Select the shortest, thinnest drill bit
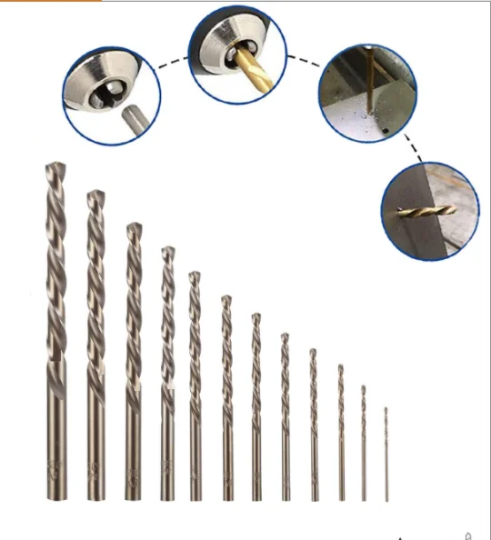(x=386, y=455)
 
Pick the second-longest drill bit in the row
(x=95, y=345)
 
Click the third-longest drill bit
(x=134, y=364)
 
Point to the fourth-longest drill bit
(x=167, y=373)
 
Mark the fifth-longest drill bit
(x=195, y=386)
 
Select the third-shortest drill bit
(x=341, y=433)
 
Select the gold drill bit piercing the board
(x=424, y=211)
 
